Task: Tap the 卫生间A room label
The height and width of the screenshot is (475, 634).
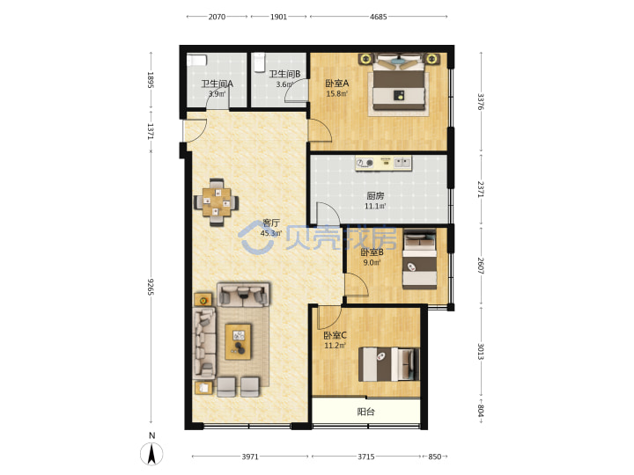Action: point(217,84)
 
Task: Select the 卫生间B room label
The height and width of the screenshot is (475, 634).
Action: point(284,74)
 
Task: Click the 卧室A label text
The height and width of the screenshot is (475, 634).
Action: point(336,84)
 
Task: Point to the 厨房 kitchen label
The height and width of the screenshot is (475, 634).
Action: point(375,196)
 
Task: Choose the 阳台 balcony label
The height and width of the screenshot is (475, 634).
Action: point(366,412)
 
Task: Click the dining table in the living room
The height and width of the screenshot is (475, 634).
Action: point(217,202)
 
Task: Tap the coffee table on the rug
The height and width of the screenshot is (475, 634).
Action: point(238,341)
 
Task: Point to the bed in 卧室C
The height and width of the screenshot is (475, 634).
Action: point(388,364)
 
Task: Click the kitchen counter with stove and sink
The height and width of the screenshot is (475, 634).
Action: point(384,164)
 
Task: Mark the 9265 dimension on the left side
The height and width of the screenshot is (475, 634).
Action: point(151,287)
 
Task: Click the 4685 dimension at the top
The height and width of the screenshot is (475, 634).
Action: point(379,17)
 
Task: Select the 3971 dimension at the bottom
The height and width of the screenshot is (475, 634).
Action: point(250,457)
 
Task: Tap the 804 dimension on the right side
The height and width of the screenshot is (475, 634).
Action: point(481,410)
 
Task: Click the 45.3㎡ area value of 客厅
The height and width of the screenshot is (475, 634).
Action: point(271,233)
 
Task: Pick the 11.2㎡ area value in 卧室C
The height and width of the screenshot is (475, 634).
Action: point(335,346)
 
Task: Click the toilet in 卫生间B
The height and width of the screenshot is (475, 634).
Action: point(259,62)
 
